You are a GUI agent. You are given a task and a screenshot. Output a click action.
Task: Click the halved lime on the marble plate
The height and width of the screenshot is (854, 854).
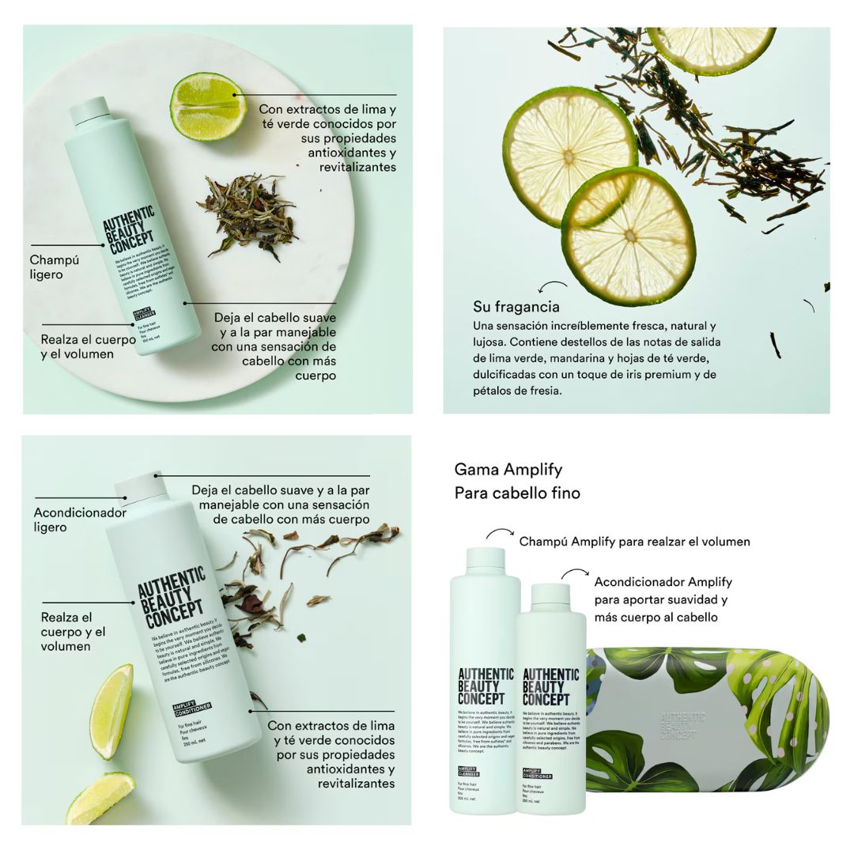[x=208, y=106]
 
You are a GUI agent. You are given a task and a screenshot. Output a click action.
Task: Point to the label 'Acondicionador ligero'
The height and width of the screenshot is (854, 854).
[x=79, y=520]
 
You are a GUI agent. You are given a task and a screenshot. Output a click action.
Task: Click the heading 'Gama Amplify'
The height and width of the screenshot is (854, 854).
[x=508, y=470]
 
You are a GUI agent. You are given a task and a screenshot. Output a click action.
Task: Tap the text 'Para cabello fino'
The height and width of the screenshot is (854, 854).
[x=517, y=493]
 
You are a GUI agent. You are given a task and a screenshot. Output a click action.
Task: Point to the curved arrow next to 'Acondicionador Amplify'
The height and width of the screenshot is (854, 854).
[x=575, y=573]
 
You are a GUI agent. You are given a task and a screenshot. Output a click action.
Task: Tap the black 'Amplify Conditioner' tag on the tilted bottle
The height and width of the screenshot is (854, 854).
[x=192, y=708]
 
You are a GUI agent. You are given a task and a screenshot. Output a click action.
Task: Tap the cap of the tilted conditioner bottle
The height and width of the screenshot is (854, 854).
[x=142, y=488]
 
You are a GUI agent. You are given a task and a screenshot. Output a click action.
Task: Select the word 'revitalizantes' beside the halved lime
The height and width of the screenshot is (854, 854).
[x=357, y=167]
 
